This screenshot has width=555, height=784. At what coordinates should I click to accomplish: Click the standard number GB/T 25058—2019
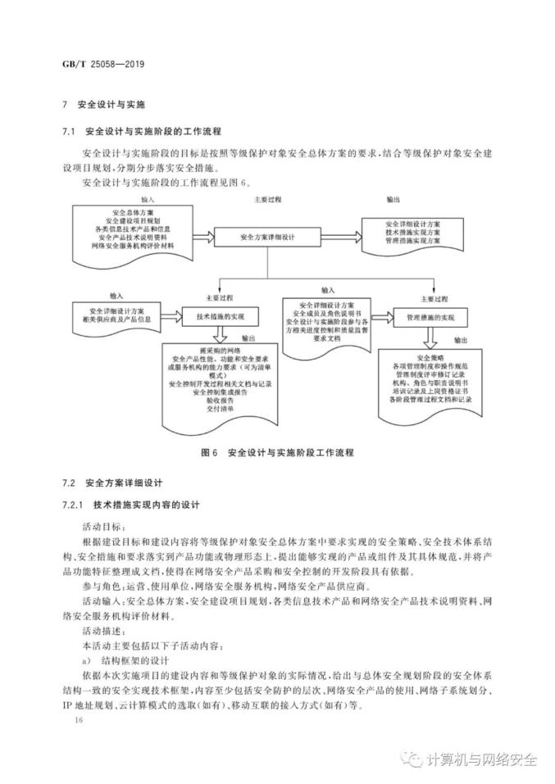(110, 64)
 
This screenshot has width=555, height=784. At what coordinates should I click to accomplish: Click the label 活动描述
(102, 630)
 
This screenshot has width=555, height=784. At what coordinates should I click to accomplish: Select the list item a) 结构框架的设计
(125, 661)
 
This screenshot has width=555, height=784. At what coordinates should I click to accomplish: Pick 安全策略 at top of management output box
(430, 358)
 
